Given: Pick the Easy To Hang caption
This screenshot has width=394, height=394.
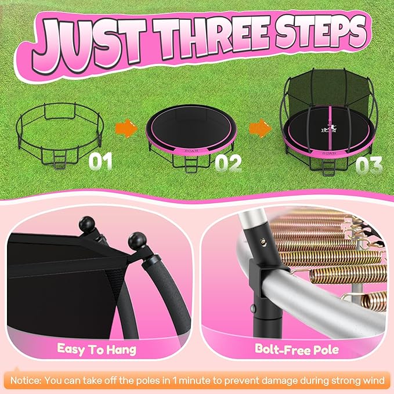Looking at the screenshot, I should (97, 349).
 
